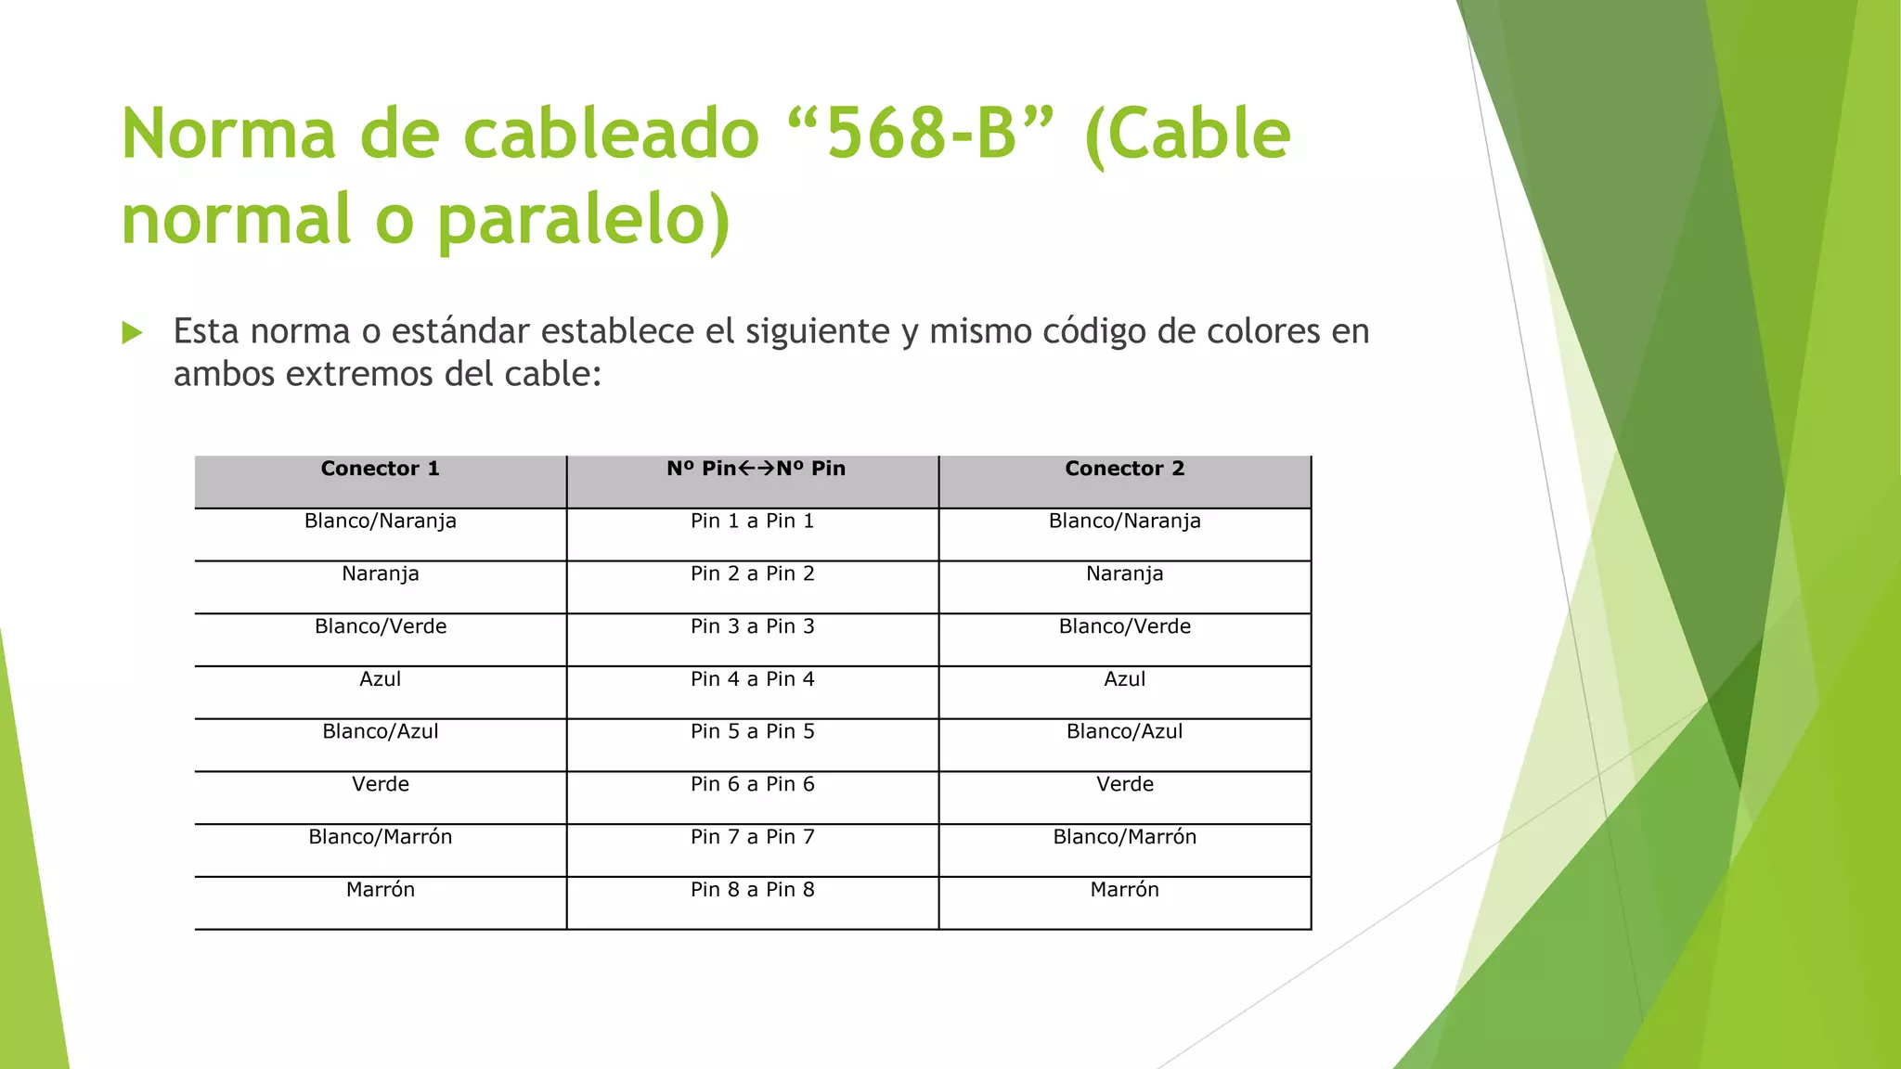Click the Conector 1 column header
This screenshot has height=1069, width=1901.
click(x=381, y=469)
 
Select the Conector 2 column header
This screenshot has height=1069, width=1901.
click(x=1125, y=469)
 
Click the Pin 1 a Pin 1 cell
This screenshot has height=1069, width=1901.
click(x=753, y=522)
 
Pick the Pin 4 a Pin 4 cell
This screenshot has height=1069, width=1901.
click(x=753, y=679)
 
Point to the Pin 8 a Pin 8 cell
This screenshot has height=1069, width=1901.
click(x=753, y=890)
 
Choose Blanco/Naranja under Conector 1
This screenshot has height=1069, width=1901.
click(x=381, y=522)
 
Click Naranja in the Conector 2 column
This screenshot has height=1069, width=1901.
click(x=1125, y=574)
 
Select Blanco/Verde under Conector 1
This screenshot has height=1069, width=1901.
click(x=381, y=626)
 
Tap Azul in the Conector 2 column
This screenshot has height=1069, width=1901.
click(x=1125, y=679)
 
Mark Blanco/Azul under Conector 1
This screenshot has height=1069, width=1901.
click(x=381, y=732)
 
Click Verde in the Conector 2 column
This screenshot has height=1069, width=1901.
click(x=1125, y=784)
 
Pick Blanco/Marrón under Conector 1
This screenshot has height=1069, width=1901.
click(x=381, y=837)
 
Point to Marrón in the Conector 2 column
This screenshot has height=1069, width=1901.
click(x=1125, y=890)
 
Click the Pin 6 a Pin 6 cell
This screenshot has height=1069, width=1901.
click(x=753, y=784)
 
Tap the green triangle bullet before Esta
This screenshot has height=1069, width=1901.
click(x=132, y=332)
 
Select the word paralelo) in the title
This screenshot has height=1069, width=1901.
click(x=584, y=220)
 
